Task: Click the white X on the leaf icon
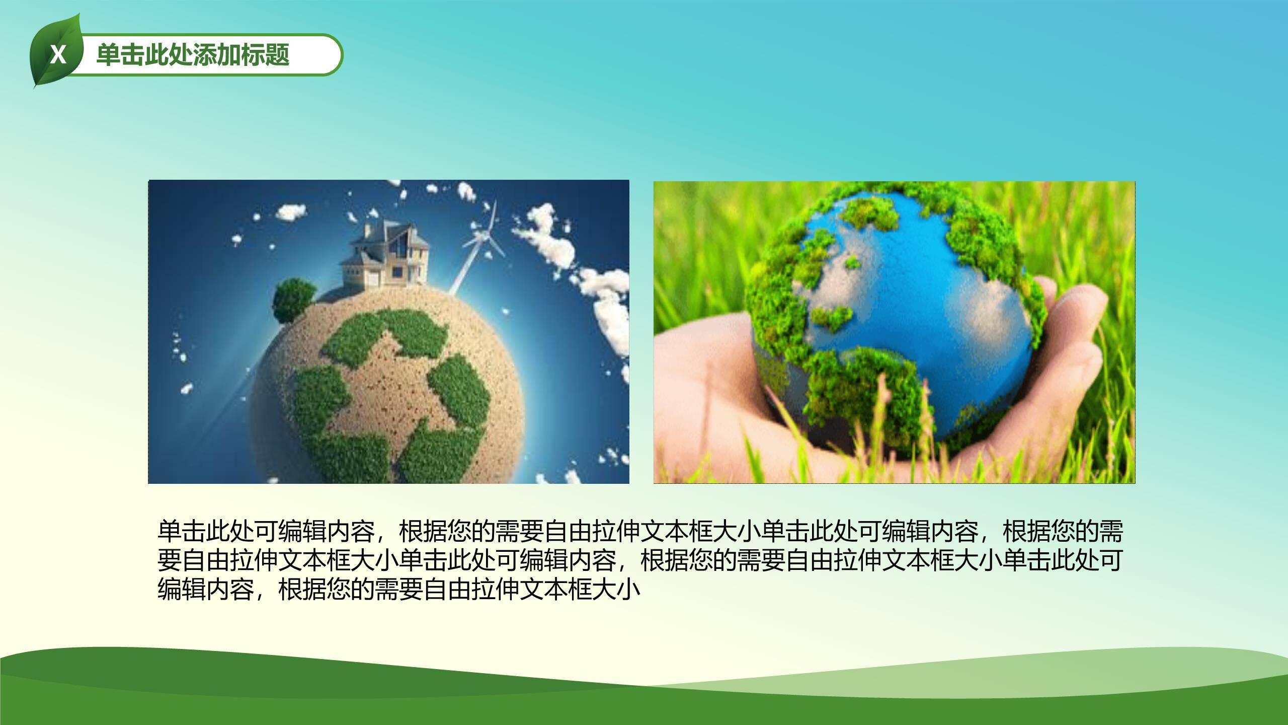point(58,55)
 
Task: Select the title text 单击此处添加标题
point(193,55)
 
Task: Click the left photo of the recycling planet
point(388,332)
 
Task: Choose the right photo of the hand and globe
point(895,333)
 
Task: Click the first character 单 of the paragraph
point(170,531)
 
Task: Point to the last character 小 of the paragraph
point(628,590)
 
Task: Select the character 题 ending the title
point(278,55)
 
